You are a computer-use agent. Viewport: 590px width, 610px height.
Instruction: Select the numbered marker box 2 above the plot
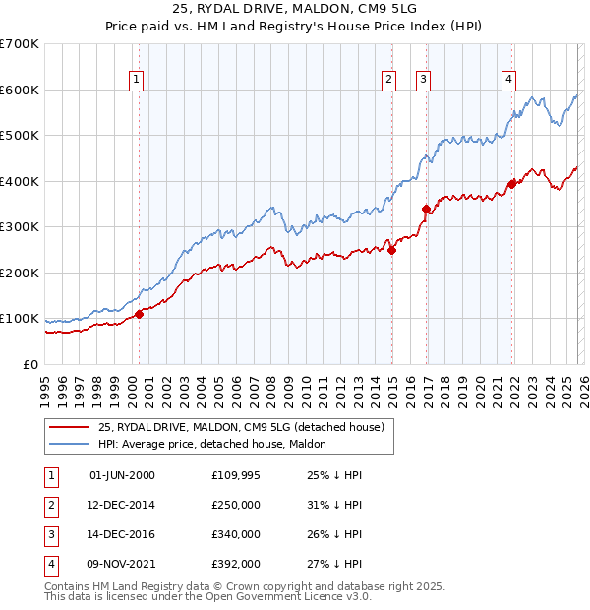389,81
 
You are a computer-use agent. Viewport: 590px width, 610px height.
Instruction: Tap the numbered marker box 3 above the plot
423,81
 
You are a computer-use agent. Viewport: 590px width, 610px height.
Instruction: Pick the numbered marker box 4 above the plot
508,81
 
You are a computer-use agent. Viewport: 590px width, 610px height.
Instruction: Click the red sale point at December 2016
426,209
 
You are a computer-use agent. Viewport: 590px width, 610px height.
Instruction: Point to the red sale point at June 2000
139,314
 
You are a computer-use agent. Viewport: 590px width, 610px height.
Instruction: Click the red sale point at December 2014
391,250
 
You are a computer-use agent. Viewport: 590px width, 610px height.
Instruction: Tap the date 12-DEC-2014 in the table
122,506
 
